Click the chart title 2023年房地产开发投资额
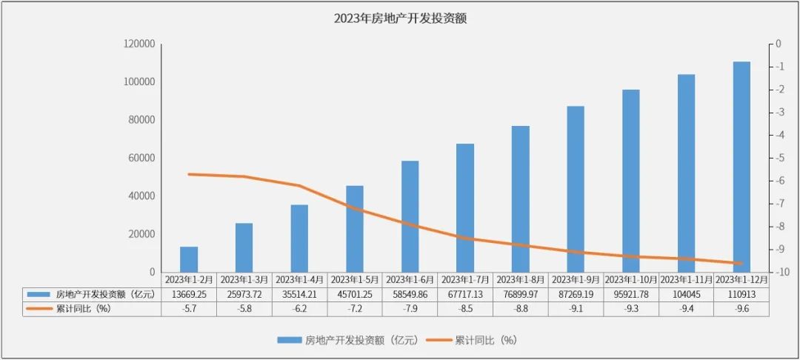coord(400,19)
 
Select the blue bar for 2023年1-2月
coord(189,259)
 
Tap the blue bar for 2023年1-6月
coord(410,216)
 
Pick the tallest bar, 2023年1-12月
coord(741,167)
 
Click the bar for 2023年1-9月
coord(576,189)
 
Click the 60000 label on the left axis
coord(141,159)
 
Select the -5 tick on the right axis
coord(778,159)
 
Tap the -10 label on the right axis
coord(779,273)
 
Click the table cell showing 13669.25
coord(189,294)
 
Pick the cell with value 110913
coord(741,294)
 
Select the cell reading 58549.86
coord(410,294)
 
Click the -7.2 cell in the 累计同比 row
coord(355,308)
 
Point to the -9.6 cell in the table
coord(741,308)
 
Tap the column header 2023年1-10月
coord(631,280)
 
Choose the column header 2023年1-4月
coord(299,280)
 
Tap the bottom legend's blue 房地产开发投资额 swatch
coord(288,340)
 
